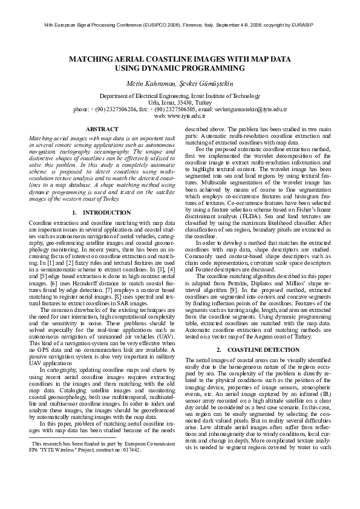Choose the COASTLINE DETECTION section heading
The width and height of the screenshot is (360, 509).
[262, 351]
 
